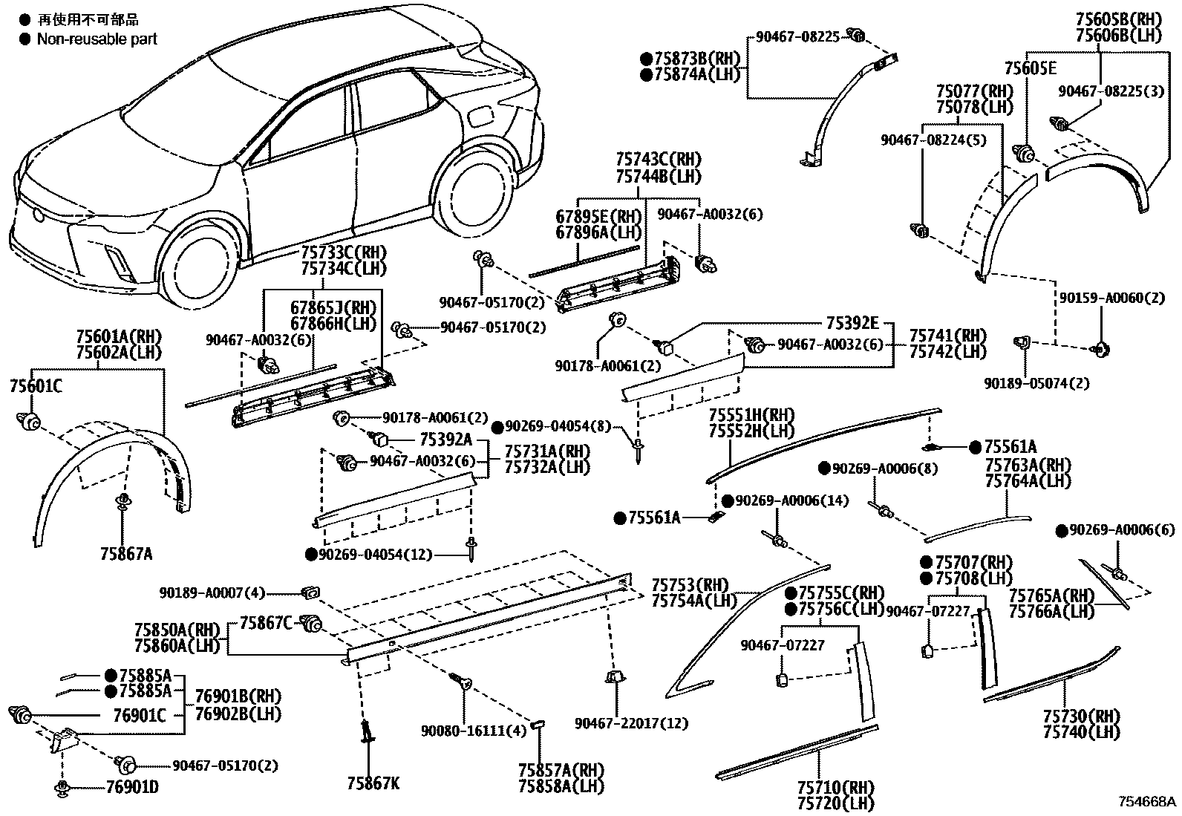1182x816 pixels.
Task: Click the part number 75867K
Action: coord(373,784)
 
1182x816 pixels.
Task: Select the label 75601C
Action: coord(35,386)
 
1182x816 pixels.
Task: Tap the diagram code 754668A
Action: coord(1148,803)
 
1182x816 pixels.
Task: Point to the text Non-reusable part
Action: coord(97,39)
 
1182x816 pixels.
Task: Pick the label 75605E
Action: coord(1031,68)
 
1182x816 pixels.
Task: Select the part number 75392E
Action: coord(852,323)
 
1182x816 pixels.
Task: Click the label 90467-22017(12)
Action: coord(630,723)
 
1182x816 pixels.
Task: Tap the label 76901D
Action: coord(131,788)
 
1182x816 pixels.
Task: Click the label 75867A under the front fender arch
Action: coord(126,553)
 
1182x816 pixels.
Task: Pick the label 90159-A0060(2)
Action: coord(1102,298)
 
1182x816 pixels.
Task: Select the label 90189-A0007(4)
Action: coord(211,593)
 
